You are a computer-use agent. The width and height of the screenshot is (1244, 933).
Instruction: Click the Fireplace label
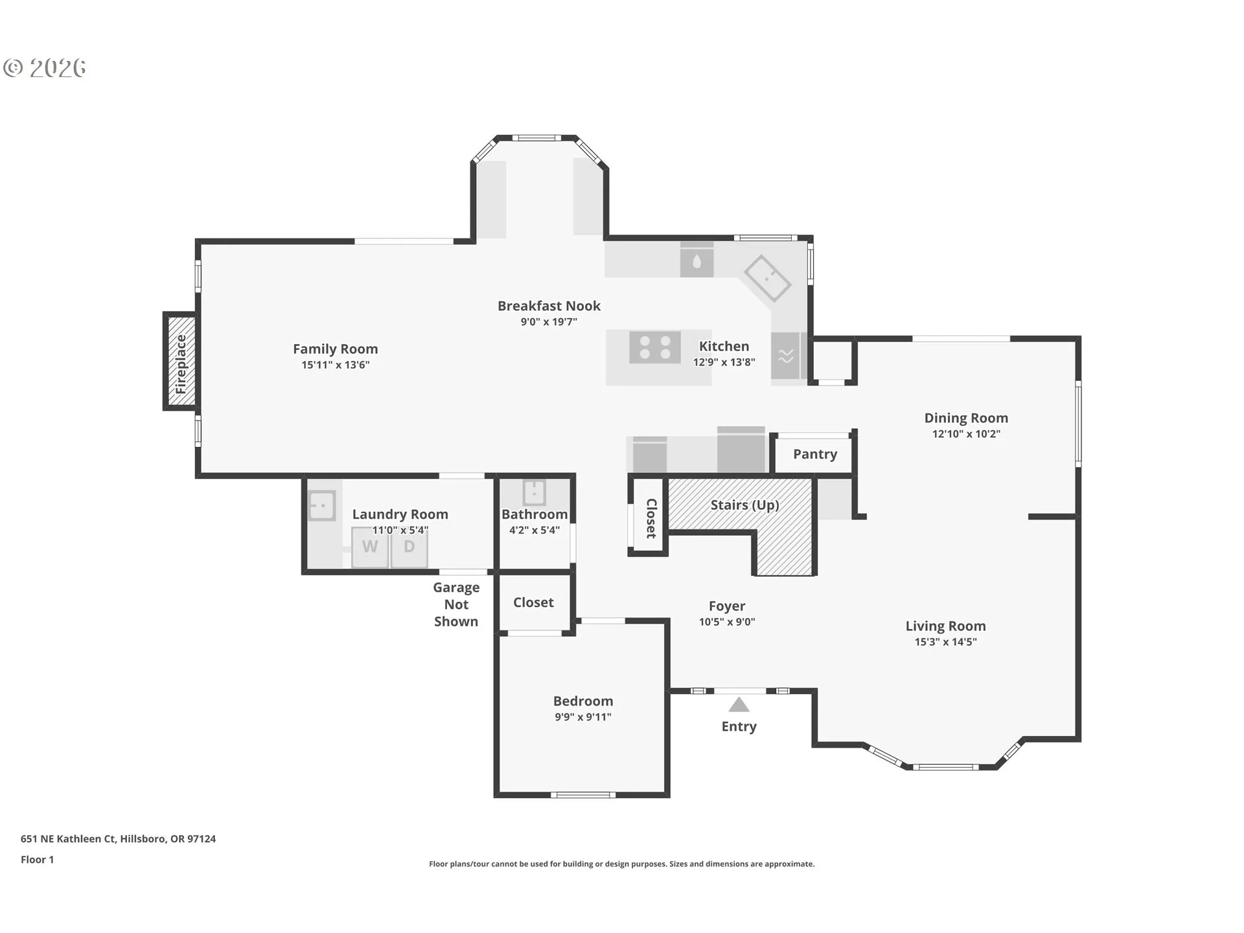(181, 364)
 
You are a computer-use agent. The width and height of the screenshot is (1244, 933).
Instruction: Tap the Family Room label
(335, 349)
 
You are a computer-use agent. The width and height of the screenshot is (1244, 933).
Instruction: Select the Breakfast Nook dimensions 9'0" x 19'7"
(549, 322)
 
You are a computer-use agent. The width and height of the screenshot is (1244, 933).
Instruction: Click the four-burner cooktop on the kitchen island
(655, 347)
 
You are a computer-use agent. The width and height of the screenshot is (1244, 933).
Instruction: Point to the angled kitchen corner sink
(767, 279)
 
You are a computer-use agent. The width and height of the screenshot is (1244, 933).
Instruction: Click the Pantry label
(815, 454)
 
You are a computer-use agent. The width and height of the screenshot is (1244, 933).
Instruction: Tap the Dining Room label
(966, 419)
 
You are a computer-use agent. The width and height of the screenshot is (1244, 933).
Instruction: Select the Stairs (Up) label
(744, 505)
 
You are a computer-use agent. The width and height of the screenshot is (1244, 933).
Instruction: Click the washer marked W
(370, 547)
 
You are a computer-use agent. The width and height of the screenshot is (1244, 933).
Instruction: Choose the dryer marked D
(409, 547)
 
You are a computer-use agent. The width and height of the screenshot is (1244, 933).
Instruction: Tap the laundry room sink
(321, 505)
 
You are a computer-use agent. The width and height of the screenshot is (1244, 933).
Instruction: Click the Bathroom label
(535, 514)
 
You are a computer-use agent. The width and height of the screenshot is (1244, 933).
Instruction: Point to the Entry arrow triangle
(739, 704)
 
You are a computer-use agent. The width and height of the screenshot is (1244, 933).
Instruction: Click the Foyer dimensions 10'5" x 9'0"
(727, 622)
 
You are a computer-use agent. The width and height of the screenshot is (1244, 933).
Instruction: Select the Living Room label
(945, 627)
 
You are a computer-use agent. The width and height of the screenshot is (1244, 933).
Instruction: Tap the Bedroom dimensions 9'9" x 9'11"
(583, 717)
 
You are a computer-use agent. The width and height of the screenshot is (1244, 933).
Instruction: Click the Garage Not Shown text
(456, 605)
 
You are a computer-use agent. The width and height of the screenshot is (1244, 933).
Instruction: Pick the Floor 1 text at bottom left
(37, 860)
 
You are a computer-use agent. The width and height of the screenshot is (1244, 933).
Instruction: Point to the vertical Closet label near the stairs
(651, 518)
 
